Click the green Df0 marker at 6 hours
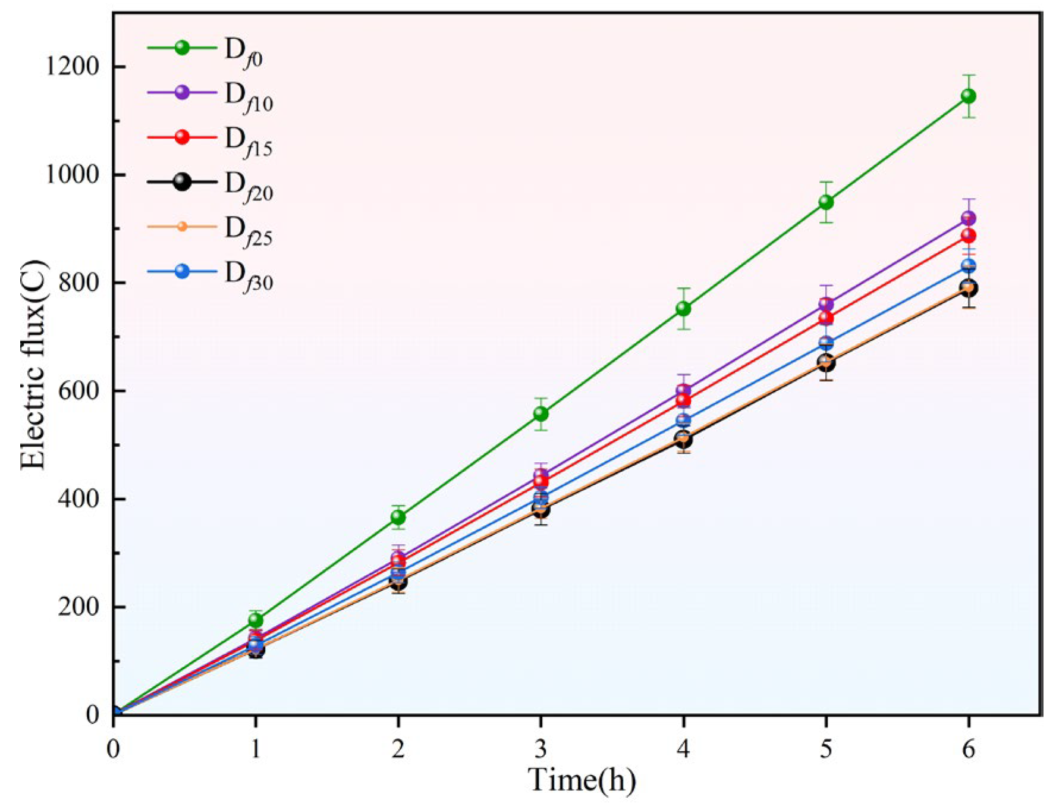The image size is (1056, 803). pyautogui.click(x=969, y=96)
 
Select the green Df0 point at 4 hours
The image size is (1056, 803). pyautogui.click(x=683, y=308)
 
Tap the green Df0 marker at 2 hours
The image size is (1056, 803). pyautogui.click(x=398, y=517)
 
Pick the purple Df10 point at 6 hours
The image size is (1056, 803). pyautogui.click(x=969, y=218)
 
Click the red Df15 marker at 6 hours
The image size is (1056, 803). pyautogui.click(x=969, y=236)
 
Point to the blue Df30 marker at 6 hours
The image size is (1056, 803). pyautogui.click(x=969, y=265)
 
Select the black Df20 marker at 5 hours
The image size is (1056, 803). pyautogui.click(x=826, y=362)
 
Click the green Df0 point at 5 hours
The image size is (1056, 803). pyautogui.click(x=826, y=202)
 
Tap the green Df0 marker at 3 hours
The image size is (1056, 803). pyautogui.click(x=540, y=413)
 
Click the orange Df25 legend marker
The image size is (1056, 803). pyautogui.click(x=182, y=227)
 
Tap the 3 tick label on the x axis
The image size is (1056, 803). pyautogui.click(x=540, y=749)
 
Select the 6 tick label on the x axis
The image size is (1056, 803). pyautogui.click(x=969, y=749)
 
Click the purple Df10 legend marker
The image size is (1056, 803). pyautogui.click(x=182, y=92)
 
